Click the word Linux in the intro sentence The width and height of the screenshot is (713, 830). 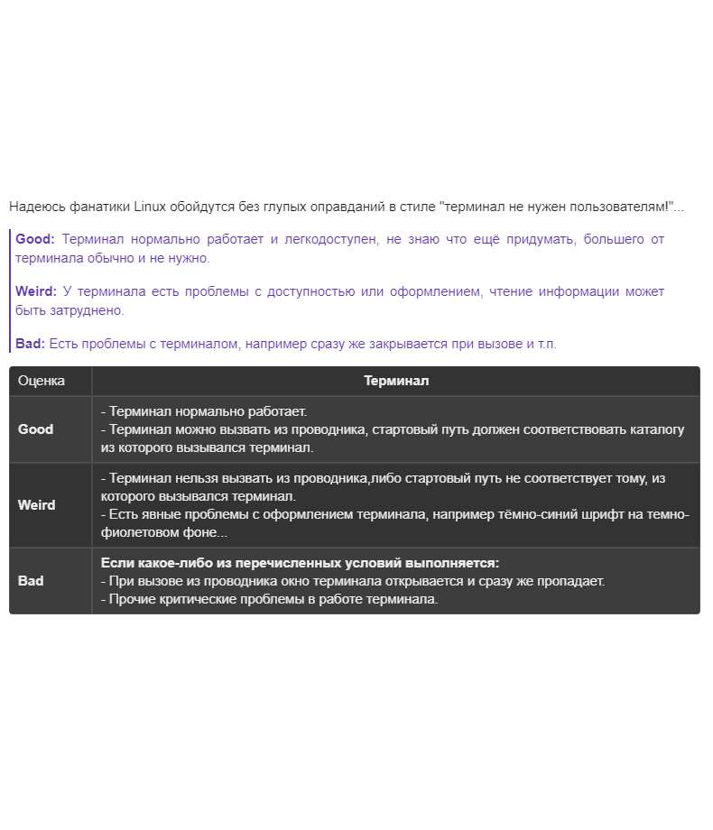[x=150, y=207]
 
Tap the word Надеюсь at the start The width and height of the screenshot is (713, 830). [x=34, y=207]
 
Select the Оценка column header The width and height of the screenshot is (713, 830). [x=42, y=381]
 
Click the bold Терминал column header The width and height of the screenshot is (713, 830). [x=396, y=381]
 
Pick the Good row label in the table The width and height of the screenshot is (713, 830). [x=36, y=429]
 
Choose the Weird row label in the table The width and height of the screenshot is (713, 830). [x=36, y=505]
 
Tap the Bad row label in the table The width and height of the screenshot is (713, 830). [x=31, y=581]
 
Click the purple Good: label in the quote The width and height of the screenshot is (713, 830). [x=35, y=239]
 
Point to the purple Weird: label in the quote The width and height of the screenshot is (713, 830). [x=36, y=291]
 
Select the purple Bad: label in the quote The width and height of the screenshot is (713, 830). [x=30, y=344]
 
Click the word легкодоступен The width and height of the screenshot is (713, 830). [x=334, y=239]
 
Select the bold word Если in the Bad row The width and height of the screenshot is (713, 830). [x=116, y=563]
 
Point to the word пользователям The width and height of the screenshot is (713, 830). [x=618, y=207]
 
